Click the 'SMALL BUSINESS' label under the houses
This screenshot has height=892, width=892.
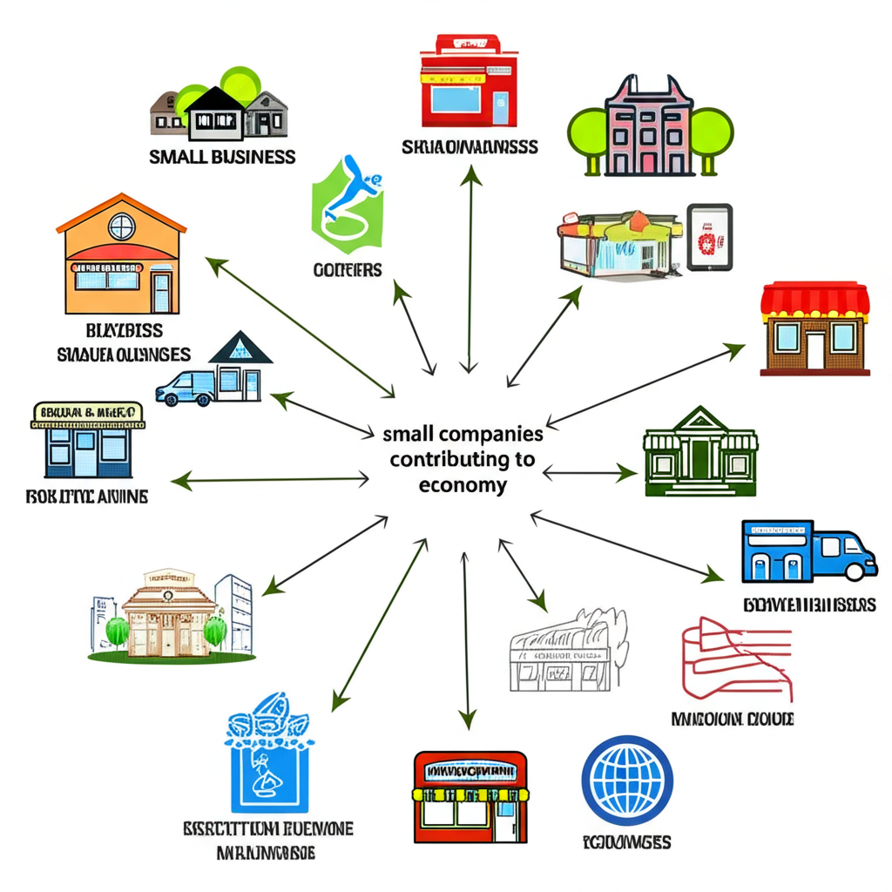coord(222,157)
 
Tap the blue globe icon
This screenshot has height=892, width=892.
coord(626,780)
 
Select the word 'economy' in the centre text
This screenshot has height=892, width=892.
coord(463,485)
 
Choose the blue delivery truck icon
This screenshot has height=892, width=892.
coord(808,551)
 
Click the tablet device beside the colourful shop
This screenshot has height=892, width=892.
coord(710,236)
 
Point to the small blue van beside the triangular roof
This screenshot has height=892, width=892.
coord(187,387)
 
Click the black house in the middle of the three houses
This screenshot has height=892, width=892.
coord(216,112)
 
